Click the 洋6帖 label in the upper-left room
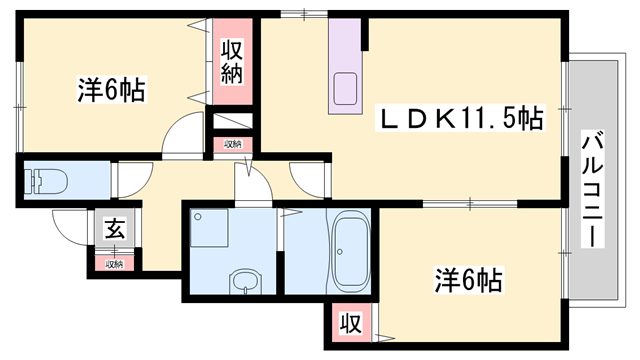point(111,91)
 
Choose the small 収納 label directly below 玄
point(113,264)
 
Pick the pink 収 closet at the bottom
point(349,324)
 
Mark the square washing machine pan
point(210,231)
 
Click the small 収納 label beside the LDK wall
point(233,144)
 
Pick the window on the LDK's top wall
point(294,13)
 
